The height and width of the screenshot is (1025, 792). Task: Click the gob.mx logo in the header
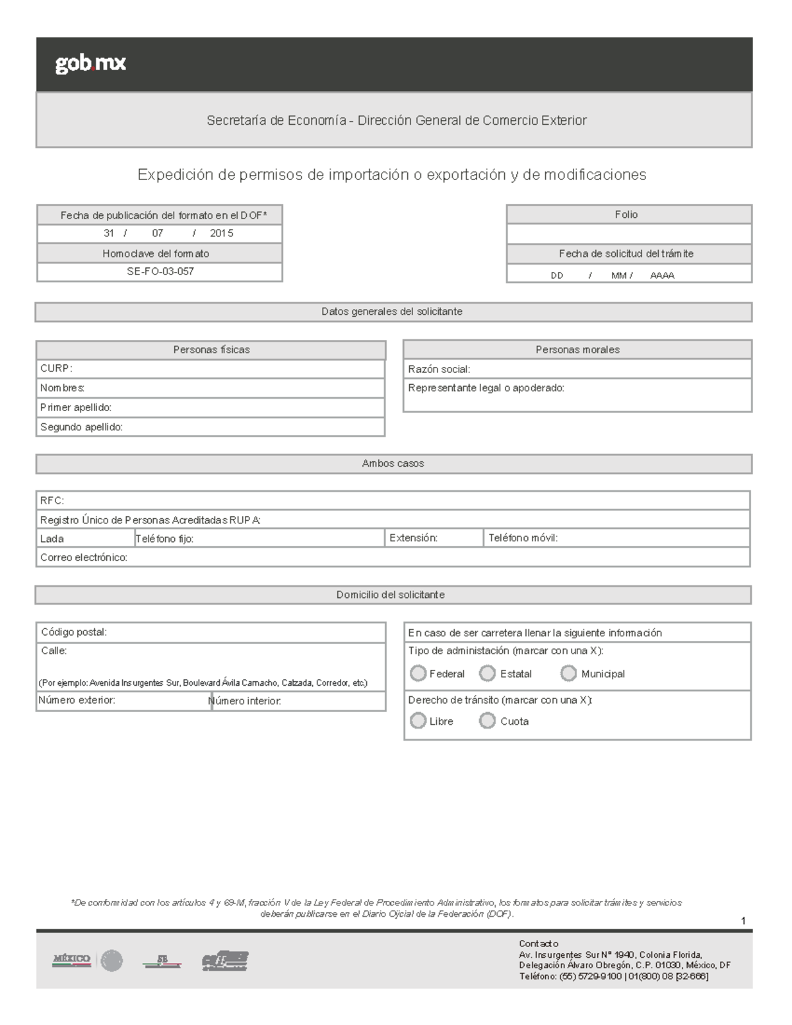point(90,63)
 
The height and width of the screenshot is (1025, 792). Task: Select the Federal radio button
point(418,673)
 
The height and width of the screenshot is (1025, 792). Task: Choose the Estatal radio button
point(487,673)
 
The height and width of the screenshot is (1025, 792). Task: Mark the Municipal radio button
point(568,673)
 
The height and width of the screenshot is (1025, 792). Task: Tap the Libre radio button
point(418,721)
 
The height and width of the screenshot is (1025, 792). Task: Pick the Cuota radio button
point(487,721)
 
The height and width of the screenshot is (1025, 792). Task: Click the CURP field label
point(56,368)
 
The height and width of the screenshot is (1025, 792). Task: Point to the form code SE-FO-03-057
point(160,271)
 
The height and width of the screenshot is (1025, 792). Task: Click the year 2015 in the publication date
point(221,233)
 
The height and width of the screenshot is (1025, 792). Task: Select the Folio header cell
point(626,215)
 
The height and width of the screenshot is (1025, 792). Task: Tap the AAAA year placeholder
point(662,275)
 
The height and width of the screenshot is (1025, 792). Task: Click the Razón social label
point(439,369)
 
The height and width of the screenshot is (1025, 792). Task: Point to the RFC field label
point(52,500)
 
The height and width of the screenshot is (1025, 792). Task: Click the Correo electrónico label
point(84,558)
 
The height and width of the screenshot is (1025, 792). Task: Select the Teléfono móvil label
point(523,538)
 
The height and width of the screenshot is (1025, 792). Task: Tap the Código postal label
point(74,632)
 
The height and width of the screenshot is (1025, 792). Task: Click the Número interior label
point(246,701)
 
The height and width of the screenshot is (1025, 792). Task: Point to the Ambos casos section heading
point(393,463)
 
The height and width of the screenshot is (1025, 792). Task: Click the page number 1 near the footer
point(743,921)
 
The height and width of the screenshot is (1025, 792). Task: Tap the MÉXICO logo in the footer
point(72,960)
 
